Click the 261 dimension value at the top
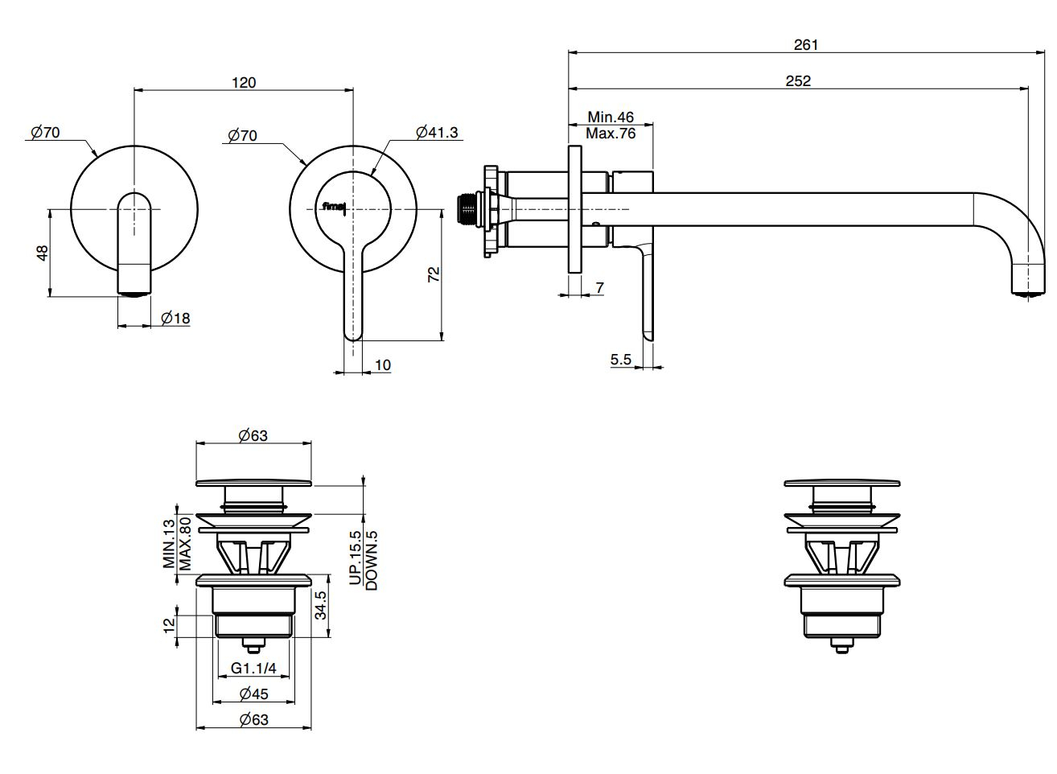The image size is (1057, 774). (805, 45)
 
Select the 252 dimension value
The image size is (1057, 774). (798, 80)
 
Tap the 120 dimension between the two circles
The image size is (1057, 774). (244, 82)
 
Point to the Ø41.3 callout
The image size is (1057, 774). (437, 133)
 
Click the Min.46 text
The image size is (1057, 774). (611, 117)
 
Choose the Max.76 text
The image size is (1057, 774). (611, 134)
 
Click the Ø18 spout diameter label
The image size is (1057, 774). (175, 319)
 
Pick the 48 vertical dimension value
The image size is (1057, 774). (43, 252)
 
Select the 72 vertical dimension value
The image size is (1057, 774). (434, 274)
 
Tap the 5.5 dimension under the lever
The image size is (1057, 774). (621, 360)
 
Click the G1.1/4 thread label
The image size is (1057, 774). (253, 669)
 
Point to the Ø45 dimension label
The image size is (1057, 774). (253, 694)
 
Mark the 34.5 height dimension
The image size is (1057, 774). (320, 605)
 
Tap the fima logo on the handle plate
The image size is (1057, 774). (334, 207)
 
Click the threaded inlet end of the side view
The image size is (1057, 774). (464, 208)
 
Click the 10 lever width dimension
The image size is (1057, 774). (383, 365)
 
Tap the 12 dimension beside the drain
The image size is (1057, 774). (168, 625)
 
